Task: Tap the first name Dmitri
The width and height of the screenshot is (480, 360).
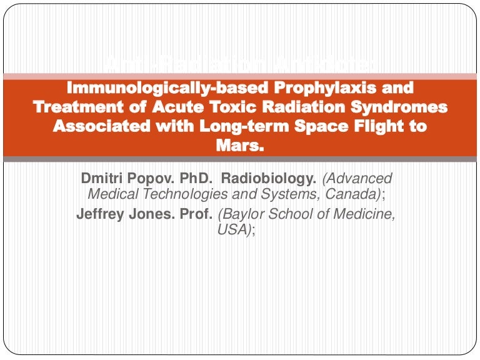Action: (x=102, y=180)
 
